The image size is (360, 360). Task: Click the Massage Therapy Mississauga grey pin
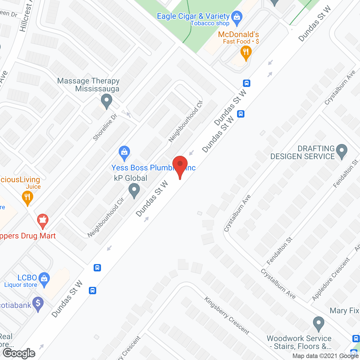point(107,100)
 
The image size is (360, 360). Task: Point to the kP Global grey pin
point(134,190)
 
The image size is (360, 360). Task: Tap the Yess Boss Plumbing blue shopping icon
point(124,152)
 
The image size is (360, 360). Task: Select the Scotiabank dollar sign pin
point(38,303)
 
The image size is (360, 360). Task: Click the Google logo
point(19,353)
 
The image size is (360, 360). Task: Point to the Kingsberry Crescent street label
point(227,316)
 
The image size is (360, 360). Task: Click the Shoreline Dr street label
point(105,127)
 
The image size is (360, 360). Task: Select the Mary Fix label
point(344,311)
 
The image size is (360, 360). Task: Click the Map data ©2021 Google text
point(325,356)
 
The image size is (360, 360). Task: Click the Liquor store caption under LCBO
point(21,285)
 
